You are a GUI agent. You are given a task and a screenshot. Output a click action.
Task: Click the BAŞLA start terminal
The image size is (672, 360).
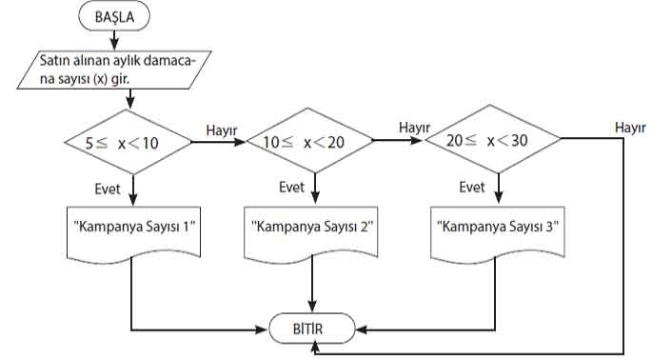point(114,17)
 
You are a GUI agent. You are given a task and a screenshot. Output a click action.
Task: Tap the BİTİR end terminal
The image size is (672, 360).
point(313,330)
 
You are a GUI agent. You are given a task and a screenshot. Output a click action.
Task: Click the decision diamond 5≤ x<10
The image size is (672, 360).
point(128,143)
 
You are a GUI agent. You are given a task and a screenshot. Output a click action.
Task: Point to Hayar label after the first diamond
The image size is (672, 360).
point(221,130)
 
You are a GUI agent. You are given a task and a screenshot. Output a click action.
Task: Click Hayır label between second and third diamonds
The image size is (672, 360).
point(415,127)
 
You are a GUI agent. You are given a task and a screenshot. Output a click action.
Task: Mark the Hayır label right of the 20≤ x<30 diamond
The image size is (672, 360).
point(631,127)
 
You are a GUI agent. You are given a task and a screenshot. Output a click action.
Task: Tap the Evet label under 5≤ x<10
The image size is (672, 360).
point(108,189)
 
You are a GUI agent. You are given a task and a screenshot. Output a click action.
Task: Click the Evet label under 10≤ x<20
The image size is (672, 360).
point(291,187)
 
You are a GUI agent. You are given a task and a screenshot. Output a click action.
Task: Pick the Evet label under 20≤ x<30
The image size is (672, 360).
point(472,187)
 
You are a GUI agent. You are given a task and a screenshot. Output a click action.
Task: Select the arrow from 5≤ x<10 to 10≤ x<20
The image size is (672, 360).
point(217,143)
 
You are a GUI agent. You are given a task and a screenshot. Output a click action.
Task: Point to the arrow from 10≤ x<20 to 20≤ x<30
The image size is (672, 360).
point(397,142)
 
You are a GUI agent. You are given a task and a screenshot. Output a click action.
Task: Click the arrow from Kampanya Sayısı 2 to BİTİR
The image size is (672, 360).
point(313,286)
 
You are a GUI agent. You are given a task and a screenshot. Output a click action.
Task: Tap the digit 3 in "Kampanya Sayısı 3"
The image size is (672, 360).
point(551,229)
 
